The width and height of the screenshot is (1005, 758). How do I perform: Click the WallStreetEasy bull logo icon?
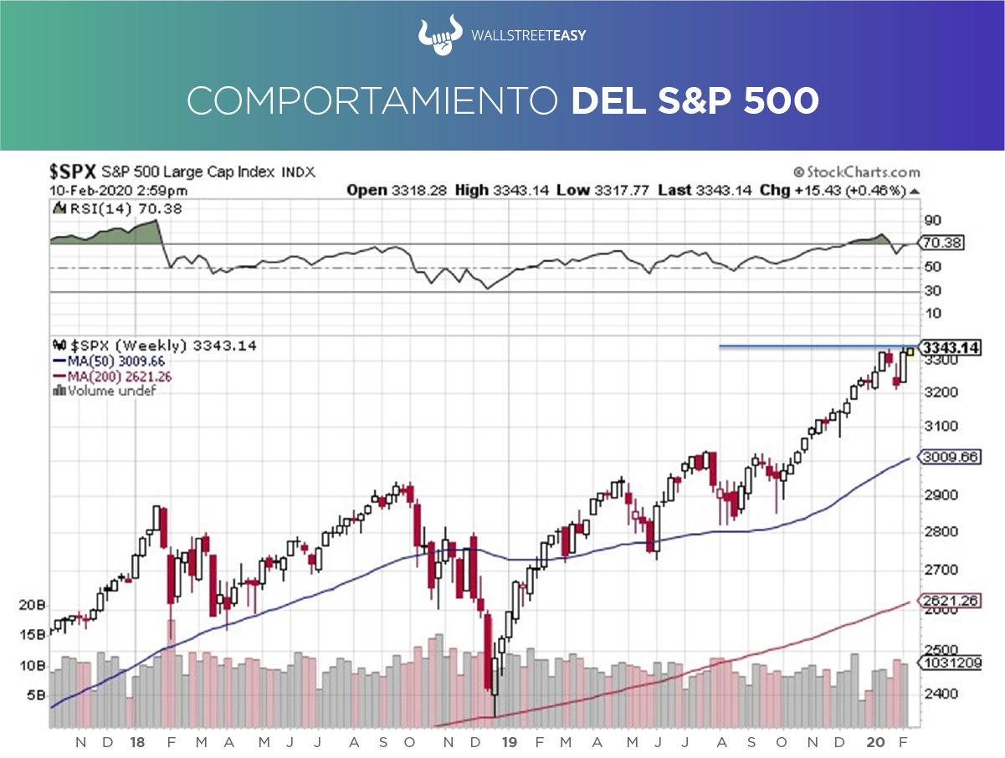click(x=441, y=35)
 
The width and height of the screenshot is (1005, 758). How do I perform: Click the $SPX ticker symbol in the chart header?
click(x=73, y=172)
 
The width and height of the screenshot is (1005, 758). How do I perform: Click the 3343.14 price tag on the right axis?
click(x=950, y=347)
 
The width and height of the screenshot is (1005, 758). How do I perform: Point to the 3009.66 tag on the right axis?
click(x=950, y=457)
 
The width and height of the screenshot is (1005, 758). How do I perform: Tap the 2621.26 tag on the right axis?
click(x=950, y=600)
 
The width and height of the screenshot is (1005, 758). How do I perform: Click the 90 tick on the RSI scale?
click(x=932, y=221)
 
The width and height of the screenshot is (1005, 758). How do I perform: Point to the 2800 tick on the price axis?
click(x=936, y=532)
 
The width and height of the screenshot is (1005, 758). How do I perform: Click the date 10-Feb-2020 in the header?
click(x=86, y=190)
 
